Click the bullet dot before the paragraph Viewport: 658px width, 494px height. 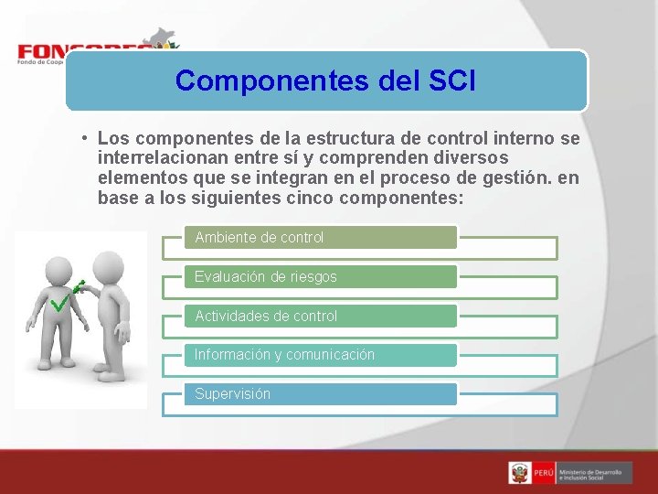(x=82, y=139)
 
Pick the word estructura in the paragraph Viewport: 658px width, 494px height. (x=349, y=139)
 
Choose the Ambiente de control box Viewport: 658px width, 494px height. (x=320, y=238)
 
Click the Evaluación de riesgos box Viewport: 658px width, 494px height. (x=320, y=276)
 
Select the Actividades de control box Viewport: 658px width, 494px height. (x=320, y=316)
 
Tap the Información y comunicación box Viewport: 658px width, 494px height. (x=320, y=355)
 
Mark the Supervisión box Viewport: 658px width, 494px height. (x=320, y=393)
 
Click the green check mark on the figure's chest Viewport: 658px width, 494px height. (x=61, y=302)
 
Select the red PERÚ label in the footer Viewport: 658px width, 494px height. (x=544, y=473)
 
